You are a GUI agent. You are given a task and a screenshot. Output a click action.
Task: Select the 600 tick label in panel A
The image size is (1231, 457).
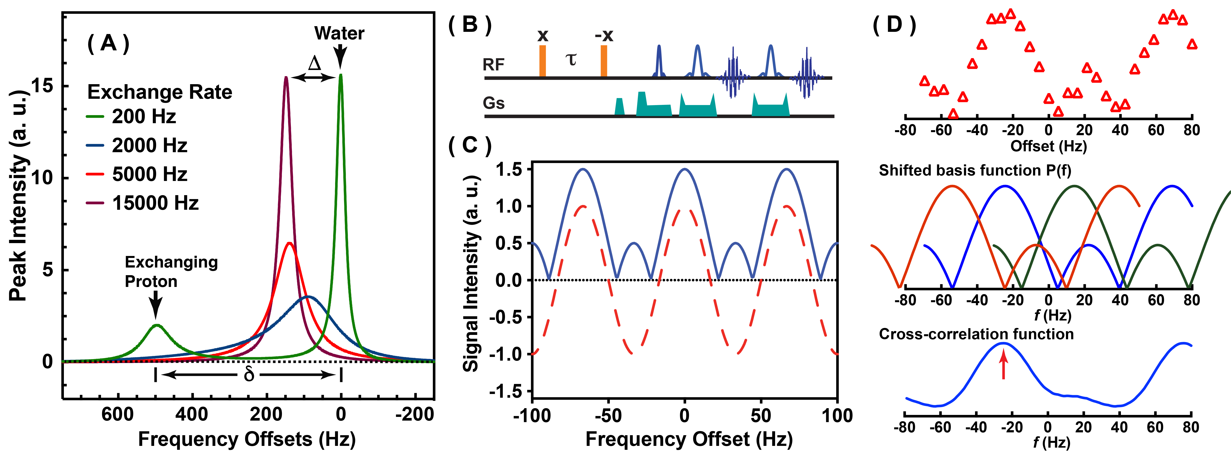pyautogui.click(x=118, y=414)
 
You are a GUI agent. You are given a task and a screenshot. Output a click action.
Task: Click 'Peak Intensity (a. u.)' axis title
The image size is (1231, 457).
pyautogui.click(x=18, y=196)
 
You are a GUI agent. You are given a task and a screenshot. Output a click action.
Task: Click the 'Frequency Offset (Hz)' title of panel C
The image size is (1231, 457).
pyautogui.click(x=689, y=439)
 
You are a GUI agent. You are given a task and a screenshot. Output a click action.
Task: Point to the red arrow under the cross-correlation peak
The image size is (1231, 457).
pyautogui.click(x=1004, y=364)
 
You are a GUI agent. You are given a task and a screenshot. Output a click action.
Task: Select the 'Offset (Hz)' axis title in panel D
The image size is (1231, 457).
pyautogui.click(x=1049, y=146)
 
